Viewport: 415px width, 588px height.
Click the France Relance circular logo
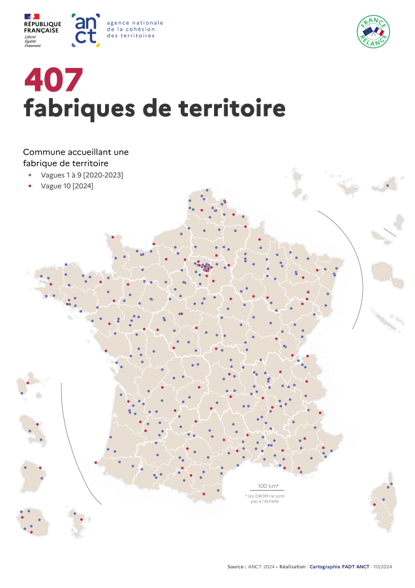click(373, 31)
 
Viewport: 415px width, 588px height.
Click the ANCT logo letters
click(85, 30)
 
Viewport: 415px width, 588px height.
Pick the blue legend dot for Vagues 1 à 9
click(29, 176)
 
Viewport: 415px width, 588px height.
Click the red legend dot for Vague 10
click(29, 186)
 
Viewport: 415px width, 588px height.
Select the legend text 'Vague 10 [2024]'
click(67, 186)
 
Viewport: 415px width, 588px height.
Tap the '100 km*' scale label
click(268, 486)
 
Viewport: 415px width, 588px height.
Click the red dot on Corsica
click(375, 504)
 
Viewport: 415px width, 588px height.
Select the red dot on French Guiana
click(40, 468)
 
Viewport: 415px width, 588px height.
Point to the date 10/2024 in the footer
click(385, 567)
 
